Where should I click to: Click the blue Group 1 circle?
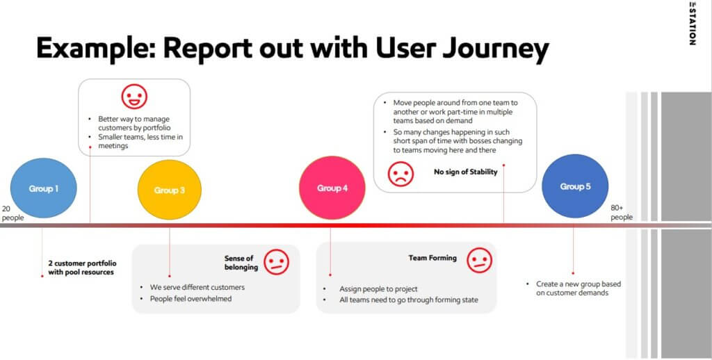(x=44, y=188)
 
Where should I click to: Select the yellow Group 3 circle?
(x=170, y=190)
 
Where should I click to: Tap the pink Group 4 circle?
(x=332, y=188)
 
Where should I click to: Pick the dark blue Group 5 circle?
(x=575, y=186)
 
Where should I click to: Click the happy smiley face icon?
(x=134, y=96)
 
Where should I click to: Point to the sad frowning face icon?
(x=401, y=174)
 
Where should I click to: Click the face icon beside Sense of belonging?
(x=276, y=262)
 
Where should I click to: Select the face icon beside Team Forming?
(x=480, y=260)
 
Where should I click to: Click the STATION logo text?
(x=692, y=24)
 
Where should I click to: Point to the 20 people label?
(x=13, y=213)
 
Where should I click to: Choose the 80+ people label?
(x=622, y=213)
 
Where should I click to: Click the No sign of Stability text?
(x=466, y=172)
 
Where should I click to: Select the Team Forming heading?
(x=432, y=258)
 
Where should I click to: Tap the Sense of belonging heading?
(x=241, y=263)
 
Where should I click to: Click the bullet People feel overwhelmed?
(x=191, y=299)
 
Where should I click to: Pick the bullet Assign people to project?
(x=378, y=288)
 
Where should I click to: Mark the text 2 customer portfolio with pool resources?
(x=82, y=268)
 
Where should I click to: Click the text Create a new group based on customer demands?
(x=578, y=288)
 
